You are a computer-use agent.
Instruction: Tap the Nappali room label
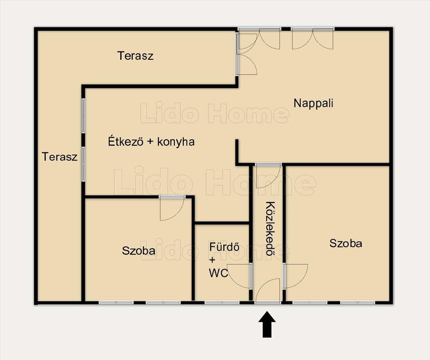[313, 103]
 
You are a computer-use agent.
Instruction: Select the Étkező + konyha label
[151, 142]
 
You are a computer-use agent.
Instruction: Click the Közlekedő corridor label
[270, 228]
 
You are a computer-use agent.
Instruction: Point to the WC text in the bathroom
[218, 273]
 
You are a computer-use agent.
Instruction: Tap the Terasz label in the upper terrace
[135, 56]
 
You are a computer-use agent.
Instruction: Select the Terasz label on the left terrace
[59, 157]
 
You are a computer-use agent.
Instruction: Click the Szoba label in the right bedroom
[345, 243]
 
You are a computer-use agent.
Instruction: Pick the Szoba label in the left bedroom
[139, 251]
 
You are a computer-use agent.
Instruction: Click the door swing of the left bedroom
[172, 208]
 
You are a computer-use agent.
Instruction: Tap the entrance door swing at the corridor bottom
[267, 291]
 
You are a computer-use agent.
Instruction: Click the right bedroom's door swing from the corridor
[296, 276]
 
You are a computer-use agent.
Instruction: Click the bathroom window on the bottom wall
[222, 303]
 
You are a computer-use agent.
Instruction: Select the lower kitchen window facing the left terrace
[83, 164]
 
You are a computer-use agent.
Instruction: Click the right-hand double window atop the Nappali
[313, 39]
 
